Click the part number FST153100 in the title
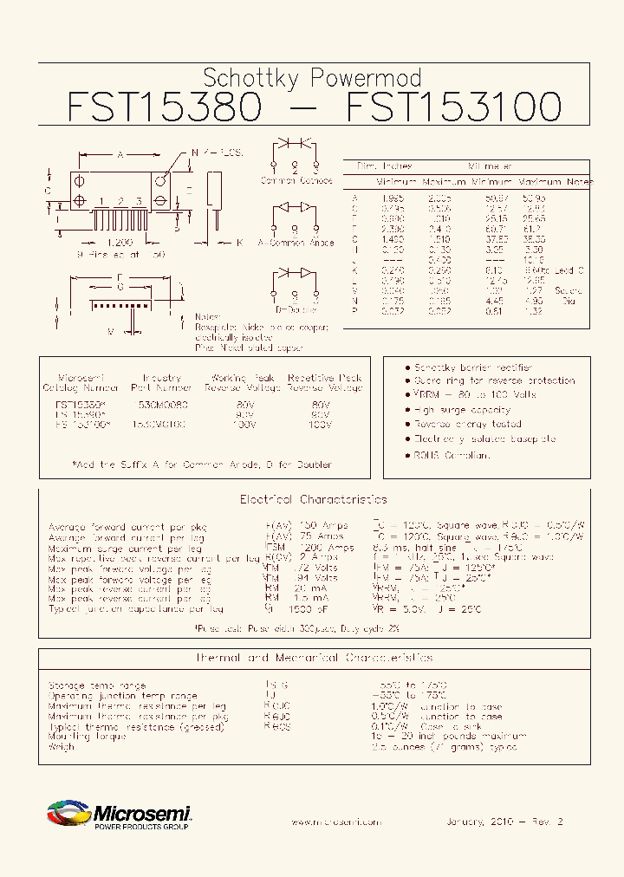point(453,107)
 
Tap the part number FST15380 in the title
point(163,107)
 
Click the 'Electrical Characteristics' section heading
point(313,500)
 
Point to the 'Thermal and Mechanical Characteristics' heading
point(313,658)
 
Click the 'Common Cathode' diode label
point(296,181)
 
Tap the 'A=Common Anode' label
point(296,244)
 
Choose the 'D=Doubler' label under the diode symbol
point(295,307)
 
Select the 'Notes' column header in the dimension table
point(579,182)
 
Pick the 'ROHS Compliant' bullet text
point(452,454)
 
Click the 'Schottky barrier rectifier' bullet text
point(473,367)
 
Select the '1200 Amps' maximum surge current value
point(328,548)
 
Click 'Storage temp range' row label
point(87,685)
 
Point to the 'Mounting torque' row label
point(87,736)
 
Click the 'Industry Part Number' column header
point(161,383)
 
